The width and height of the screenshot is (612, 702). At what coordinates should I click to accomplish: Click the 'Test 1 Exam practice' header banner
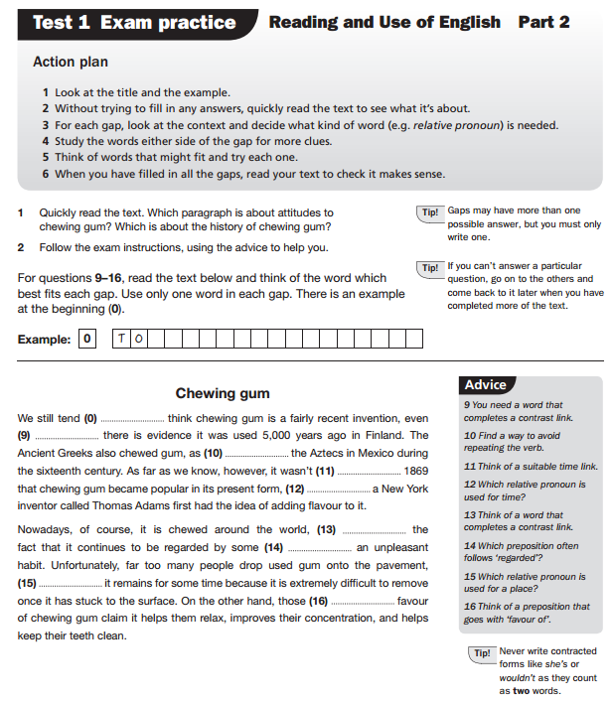pyautogui.click(x=134, y=22)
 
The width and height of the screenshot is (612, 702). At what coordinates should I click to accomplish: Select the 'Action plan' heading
pyautogui.click(x=71, y=63)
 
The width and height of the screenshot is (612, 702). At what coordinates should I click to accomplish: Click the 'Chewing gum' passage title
pyautogui.click(x=223, y=394)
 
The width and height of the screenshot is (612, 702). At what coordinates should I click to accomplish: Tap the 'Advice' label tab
pyautogui.click(x=486, y=385)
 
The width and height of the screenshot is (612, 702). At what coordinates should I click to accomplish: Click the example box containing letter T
pyautogui.click(x=121, y=340)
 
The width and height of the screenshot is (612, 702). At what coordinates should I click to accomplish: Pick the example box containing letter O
pyautogui.click(x=138, y=340)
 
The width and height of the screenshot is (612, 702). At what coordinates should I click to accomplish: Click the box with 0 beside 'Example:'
pyautogui.click(x=87, y=340)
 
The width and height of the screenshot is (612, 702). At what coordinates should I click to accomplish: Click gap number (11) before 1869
pyautogui.click(x=353, y=471)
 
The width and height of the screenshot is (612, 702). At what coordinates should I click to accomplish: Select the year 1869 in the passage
pyautogui.click(x=416, y=471)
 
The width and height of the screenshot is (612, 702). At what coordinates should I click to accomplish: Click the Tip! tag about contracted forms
pyautogui.click(x=483, y=654)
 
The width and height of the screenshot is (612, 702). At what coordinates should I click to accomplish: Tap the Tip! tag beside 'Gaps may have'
pyautogui.click(x=430, y=212)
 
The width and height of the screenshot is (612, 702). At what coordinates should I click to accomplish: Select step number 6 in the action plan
pyautogui.click(x=46, y=174)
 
